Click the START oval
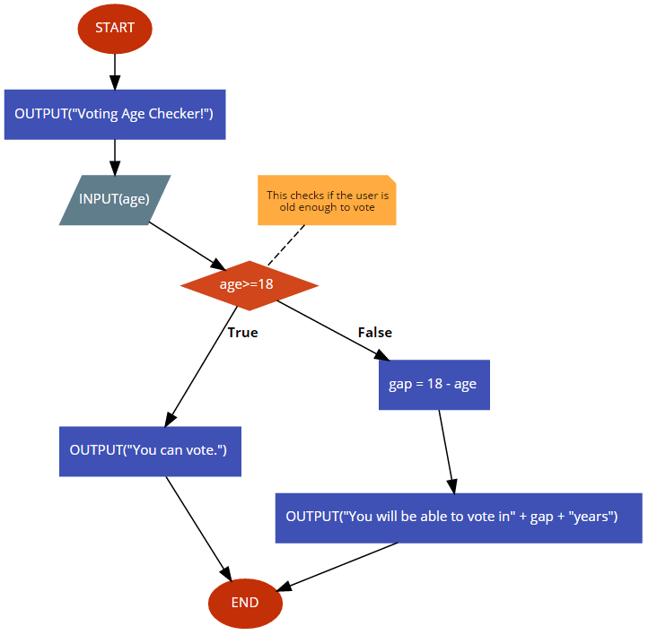(115, 29)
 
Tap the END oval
(245, 604)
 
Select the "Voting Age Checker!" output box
(115, 115)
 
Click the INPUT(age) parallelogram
(115, 200)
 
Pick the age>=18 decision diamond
(250, 285)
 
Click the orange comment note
(327, 200)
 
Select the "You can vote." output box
(150, 451)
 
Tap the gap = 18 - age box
(434, 385)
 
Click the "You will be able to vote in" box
(459, 518)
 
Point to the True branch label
(242, 333)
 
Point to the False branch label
(375, 333)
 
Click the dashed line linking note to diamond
(286, 245)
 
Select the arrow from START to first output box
(115, 72)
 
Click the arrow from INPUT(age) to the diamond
(188, 246)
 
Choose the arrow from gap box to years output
(447, 452)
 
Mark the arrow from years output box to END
(337, 567)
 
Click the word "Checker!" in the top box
(180, 114)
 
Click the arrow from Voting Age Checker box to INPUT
(115, 157)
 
